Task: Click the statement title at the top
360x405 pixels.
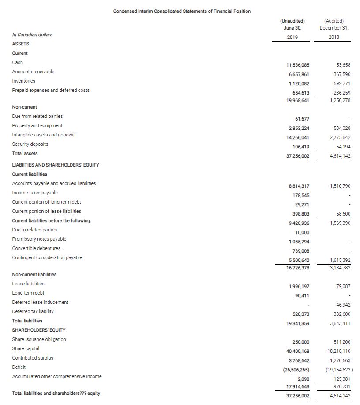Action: (x=182, y=11)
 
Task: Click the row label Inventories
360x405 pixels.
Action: (x=24, y=81)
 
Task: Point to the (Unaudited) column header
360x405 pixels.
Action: (x=292, y=21)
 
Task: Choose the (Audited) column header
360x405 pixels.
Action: (x=334, y=21)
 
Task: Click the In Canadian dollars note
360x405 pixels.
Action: (x=32, y=34)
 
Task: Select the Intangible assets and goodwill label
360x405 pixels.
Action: (x=44, y=135)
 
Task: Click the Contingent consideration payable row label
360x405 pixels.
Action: (x=47, y=257)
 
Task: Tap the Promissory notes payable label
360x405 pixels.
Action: (x=39, y=239)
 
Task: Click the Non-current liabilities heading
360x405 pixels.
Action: (x=34, y=274)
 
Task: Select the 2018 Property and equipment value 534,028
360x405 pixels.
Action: (x=341, y=128)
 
